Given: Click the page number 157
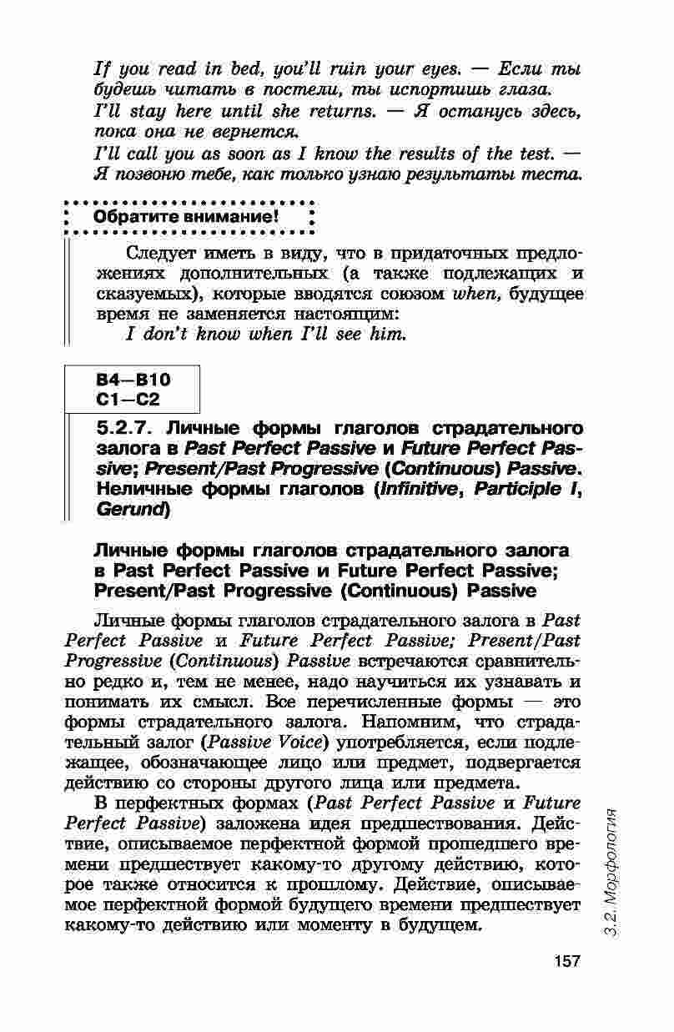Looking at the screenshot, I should click(x=566, y=960).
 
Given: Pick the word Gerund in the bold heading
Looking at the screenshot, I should click(x=131, y=508).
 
